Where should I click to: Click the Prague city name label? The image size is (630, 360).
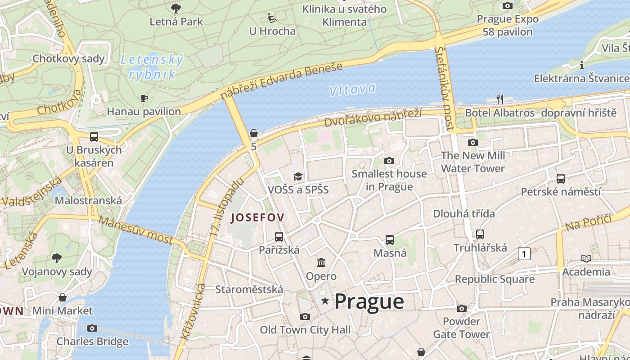[369, 301]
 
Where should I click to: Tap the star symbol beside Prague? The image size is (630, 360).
[325, 301]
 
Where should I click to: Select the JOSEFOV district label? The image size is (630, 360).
[257, 218]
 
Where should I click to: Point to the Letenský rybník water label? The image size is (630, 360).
[152, 67]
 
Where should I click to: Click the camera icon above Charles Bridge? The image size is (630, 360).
[92, 328]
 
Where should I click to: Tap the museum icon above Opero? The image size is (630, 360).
[321, 262]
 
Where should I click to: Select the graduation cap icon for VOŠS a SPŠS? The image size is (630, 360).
[298, 176]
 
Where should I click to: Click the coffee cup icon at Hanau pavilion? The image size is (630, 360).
[144, 98]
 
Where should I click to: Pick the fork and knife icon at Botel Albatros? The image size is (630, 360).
[499, 99]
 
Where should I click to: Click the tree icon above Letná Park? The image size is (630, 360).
[176, 8]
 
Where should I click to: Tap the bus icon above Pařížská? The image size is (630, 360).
[279, 236]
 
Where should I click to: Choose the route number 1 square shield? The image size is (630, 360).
[524, 254]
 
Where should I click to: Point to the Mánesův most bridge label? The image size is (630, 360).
[135, 230]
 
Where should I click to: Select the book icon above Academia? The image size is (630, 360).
[586, 258]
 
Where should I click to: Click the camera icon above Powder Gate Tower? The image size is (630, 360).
[461, 308]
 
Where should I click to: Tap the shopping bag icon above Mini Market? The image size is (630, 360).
[63, 297]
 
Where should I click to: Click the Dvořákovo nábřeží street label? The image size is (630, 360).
[373, 118]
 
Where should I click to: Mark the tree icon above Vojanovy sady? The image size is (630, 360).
[57, 258]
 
